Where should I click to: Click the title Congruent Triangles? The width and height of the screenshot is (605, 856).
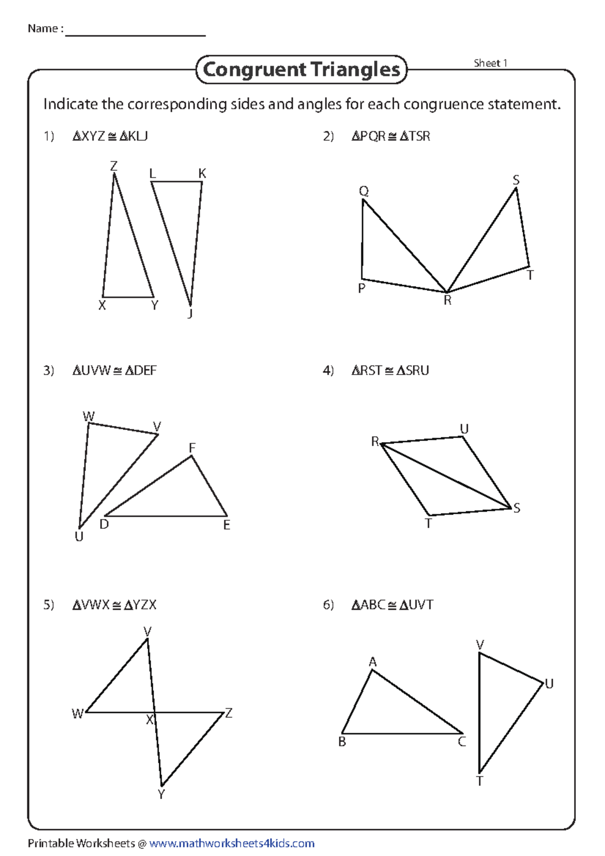pyautogui.click(x=301, y=70)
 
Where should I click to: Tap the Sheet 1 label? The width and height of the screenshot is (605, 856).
pyautogui.click(x=490, y=63)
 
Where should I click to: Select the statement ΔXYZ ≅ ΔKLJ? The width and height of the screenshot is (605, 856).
pyautogui.click(x=110, y=136)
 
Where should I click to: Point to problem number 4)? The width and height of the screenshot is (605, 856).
pyautogui.click(x=328, y=371)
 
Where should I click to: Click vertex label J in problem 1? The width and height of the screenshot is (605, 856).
pyautogui.click(x=190, y=314)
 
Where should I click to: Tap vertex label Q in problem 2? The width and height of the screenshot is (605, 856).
pyautogui.click(x=364, y=191)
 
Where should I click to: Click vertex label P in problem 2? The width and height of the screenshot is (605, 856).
pyautogui.click(x=361, y=288)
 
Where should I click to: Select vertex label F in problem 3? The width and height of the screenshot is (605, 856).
pyautogui.click(x=192, y=448)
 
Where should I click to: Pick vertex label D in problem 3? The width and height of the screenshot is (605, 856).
pyautogui.click(x=104, y=524)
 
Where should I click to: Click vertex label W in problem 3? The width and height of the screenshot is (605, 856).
pyautogui.click(x=88, y=416)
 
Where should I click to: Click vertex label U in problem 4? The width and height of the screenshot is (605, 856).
pyautogui.click(x=464, y=429)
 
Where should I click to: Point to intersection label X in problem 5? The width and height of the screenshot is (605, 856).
pyautogui.click(x=150, y=720)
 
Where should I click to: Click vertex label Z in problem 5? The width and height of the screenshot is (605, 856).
pyautogui.click(x=229, y=713)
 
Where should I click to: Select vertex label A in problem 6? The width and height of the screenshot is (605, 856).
pyautogui.click(x=373, y=662)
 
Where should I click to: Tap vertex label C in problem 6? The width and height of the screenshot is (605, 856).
pyautogui.click(x=462, y=742)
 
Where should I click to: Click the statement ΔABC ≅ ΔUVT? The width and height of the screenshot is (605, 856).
pyautogui.click(x=392, y=605)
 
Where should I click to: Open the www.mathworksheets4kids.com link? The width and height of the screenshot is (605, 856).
pyautogui.click(x=232, y=843)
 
